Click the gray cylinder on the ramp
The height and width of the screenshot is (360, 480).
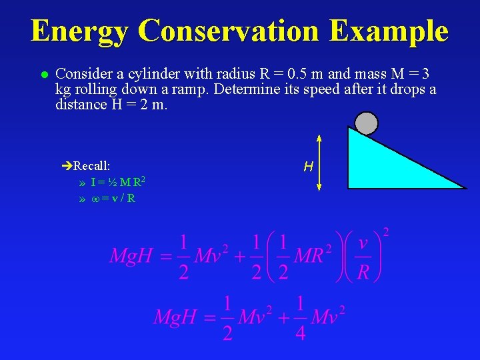click(x=366, y=123)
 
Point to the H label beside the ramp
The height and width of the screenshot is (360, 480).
click(x=308, y=167)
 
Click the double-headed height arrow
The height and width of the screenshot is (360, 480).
click(x=319, y=163)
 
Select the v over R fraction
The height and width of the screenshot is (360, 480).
click(x=363, y=257)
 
